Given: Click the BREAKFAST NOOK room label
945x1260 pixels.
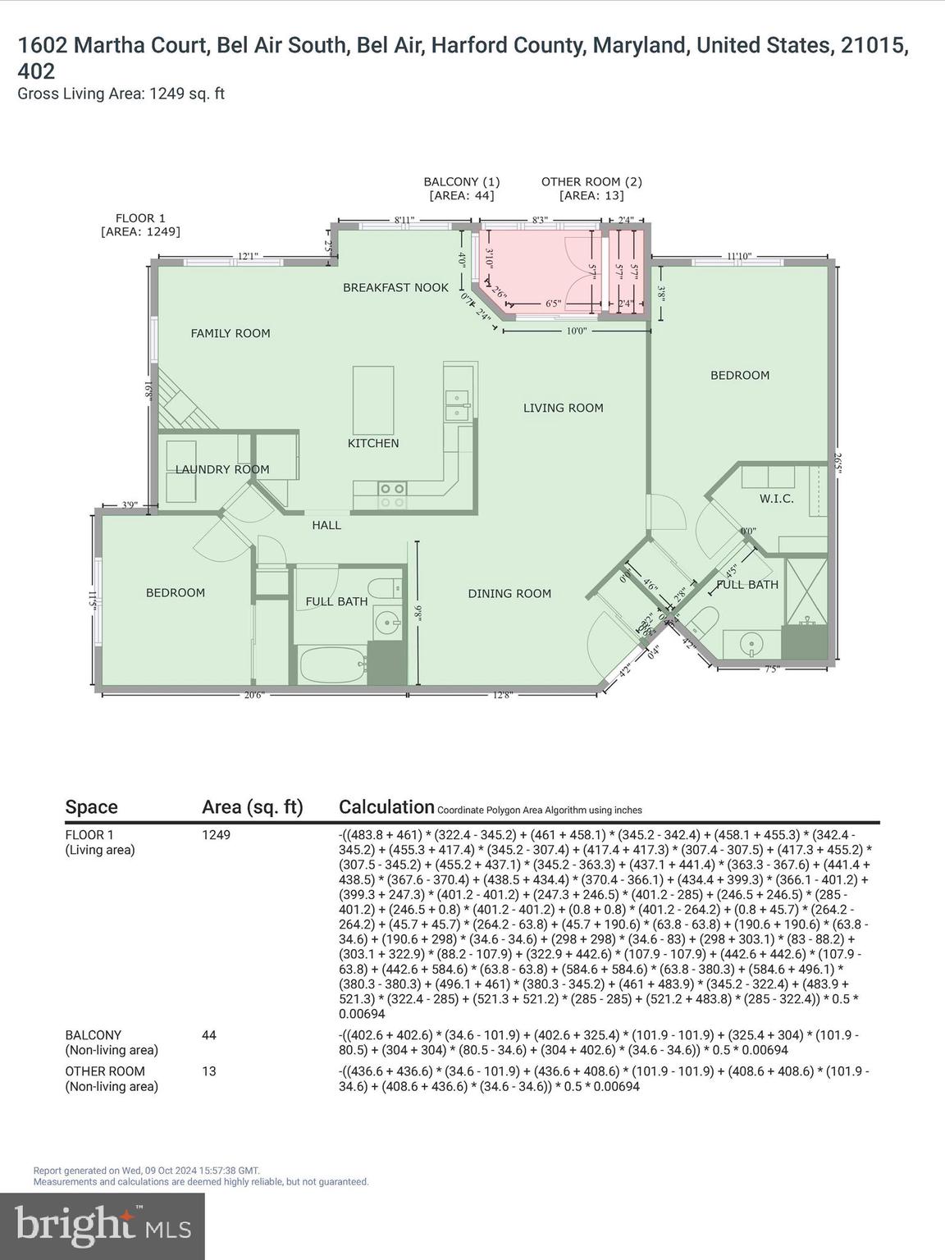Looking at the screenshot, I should tap(395, 287).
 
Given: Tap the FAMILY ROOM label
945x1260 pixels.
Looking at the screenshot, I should tap(231, 333).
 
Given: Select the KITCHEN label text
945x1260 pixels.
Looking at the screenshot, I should tap(373, 443).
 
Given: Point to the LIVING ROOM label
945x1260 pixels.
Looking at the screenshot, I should tap(563, 408).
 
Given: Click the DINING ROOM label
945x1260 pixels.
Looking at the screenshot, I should tap(509, 593).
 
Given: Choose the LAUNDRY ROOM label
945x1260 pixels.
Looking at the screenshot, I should tap(222, 469).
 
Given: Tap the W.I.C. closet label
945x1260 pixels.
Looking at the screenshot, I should tap(776, 498).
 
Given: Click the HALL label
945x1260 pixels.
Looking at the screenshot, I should tap(326, 525).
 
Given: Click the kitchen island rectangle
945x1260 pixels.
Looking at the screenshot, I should tap(373, 400).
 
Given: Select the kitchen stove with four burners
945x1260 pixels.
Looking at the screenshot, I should tap(391, 494).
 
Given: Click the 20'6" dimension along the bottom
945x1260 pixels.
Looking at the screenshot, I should tap(254, 696).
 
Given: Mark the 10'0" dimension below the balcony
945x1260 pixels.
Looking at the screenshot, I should tap(577, 331).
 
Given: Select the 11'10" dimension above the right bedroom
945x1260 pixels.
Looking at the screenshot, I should tap(739, 256).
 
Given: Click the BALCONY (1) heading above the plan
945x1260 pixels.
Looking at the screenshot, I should tap(461, 182).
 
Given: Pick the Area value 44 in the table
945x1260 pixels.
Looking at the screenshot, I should tap(209, 1035).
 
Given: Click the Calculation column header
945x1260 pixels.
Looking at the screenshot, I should tap(386, 807).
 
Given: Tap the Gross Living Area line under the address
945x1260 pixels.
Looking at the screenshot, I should tap(121, 94).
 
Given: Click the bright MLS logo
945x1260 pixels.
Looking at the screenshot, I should tap(103, 1226).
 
